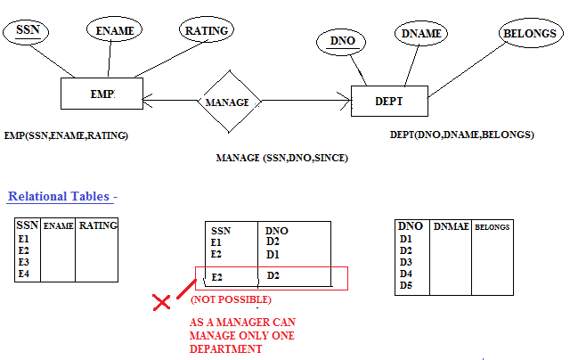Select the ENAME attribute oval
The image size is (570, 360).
coord(114,31)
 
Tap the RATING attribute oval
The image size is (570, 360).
coord(207,30)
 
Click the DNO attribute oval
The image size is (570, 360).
coord(343,41)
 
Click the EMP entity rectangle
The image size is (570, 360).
coord(102,94)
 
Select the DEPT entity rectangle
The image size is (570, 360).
coord(388,102)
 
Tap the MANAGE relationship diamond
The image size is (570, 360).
coord(228,102)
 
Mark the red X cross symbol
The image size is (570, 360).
coord(161,303)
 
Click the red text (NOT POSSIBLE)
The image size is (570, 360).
coord(231,299)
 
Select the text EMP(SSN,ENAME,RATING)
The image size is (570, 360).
coord(66,135)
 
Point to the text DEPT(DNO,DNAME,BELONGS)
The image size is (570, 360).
coord(462,135)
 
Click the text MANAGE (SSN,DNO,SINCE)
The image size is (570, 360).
coord(281,158)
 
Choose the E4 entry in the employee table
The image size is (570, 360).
coord(24,274)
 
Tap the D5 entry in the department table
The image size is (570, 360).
coord(406,285)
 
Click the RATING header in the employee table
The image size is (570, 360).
coord(98,226)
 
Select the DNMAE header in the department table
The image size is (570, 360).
coord(450,227)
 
